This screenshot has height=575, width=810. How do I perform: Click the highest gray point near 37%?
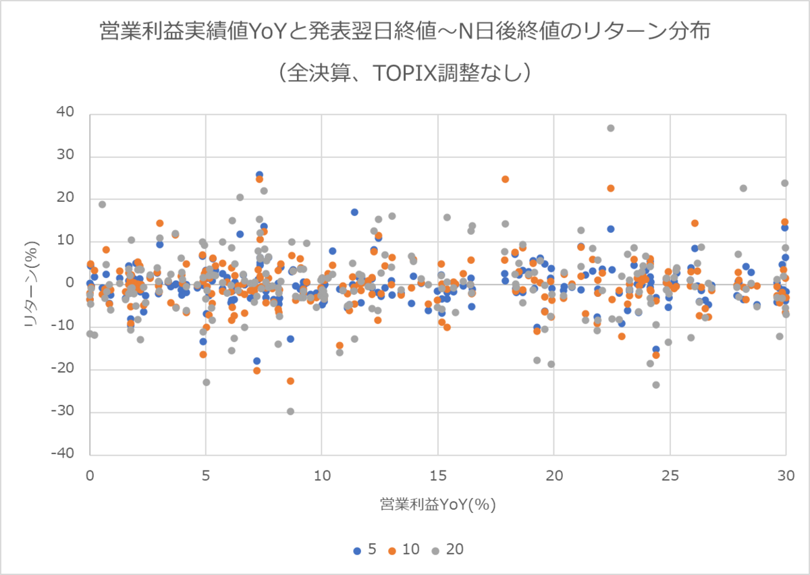610,128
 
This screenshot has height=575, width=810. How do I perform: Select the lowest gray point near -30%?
290,411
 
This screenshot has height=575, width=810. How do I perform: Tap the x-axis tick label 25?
670,475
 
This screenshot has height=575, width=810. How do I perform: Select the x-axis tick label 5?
205,475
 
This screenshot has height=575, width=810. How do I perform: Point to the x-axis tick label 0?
89,475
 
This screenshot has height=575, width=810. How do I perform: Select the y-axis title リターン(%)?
31,283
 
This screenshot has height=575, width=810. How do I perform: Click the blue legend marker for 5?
357,551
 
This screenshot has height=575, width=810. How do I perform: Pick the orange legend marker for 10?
391,551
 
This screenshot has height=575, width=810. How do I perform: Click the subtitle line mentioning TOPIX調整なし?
404,72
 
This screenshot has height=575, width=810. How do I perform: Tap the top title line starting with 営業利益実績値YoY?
404,32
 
